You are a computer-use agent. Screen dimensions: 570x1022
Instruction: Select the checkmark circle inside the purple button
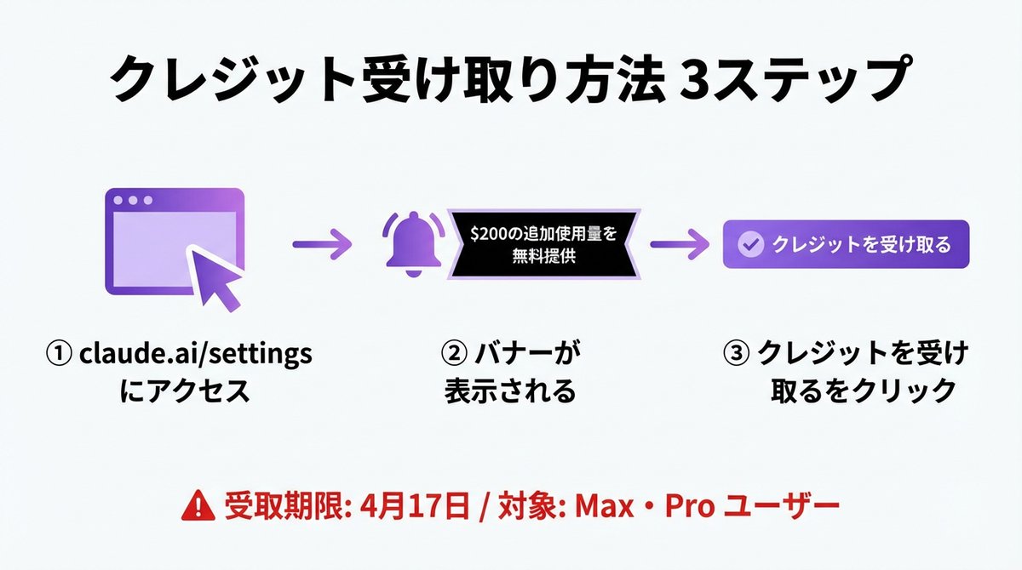[x=750, y=245]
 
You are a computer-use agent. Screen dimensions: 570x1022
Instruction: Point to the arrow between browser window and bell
[x=321, y=245]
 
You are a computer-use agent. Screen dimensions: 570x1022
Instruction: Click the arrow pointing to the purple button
[x=679, y=245]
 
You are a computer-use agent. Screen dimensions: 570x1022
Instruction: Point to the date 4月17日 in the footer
[x=415, y=507]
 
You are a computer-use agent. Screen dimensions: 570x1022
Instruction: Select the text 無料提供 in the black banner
[x=545, y=256]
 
